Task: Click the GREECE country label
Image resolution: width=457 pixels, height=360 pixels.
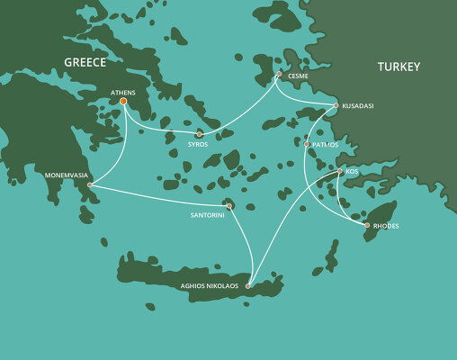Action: tap(85, 62)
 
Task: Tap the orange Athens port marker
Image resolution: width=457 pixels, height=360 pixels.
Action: tap(123, 102)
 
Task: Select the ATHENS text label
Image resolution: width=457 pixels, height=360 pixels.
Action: tap(123, 92)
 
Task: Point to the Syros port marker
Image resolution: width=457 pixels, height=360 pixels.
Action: tap(200, 134)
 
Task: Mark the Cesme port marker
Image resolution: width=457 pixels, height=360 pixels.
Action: tap(279, 74)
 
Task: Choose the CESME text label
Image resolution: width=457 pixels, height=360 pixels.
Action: tap(299, 77)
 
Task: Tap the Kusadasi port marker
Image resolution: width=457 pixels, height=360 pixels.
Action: tap(336, 106)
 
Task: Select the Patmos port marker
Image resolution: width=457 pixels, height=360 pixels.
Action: tap(307, 144)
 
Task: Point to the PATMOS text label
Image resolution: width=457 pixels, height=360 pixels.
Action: tap(325, 144)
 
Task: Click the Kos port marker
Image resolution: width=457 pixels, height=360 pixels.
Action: tap(339, 171)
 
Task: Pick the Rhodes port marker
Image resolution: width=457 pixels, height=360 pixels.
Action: tap(366, 225)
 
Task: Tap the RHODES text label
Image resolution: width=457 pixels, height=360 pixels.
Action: tap(385, 226)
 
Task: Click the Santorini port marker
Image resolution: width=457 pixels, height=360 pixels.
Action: tap(229, 206)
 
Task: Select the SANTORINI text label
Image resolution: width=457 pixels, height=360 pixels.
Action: tap(208, 216)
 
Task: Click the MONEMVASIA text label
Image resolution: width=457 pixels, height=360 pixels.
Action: tap(65, 175)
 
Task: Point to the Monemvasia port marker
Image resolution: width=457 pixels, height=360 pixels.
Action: tap(90, 184)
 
